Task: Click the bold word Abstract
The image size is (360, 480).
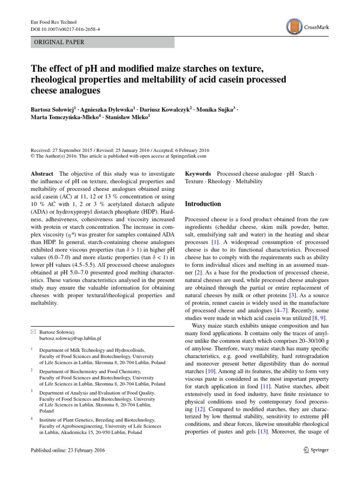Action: (x=41, y=173)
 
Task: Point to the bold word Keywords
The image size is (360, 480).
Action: (x=198, y=173)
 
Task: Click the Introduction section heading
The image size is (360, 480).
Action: (x=203, y=204)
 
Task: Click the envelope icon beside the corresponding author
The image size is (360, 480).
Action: (x=32, y=330)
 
